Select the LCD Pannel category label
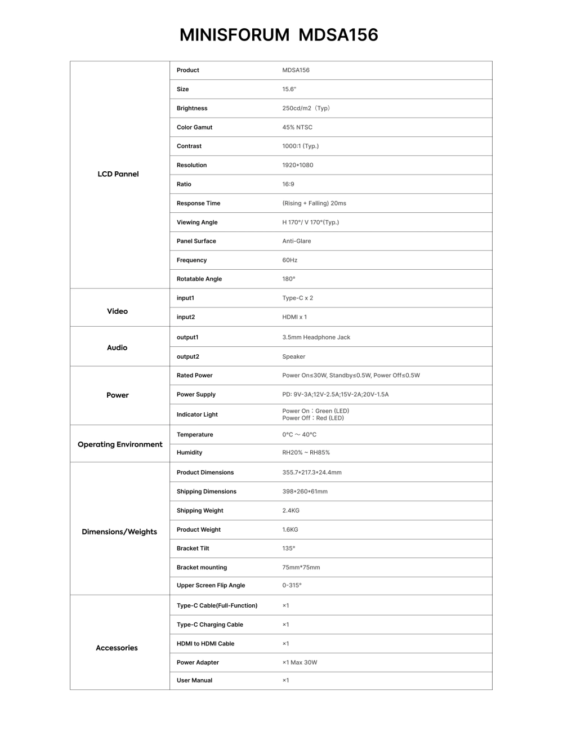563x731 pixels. (118, 174)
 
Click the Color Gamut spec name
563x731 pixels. (194, 127)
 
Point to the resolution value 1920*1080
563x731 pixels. (297, 165)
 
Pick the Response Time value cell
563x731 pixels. (314, 203)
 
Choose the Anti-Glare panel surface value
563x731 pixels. (296, 241)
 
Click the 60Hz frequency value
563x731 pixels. (289, 260)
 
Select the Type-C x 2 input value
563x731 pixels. (297, 298)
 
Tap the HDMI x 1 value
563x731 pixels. (294, 317)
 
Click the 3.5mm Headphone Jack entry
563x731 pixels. (316, 337)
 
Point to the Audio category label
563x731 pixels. (117, 347)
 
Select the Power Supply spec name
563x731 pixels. (196, 394)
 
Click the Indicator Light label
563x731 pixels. (197, 414)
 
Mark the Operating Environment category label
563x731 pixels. (120, 444)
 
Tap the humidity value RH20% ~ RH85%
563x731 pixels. (306, 452)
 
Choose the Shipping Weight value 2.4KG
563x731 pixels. (291, 510)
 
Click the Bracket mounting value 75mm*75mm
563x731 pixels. (301, 567)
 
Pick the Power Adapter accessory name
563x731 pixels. (198, 662)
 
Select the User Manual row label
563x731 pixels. (194, 680)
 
